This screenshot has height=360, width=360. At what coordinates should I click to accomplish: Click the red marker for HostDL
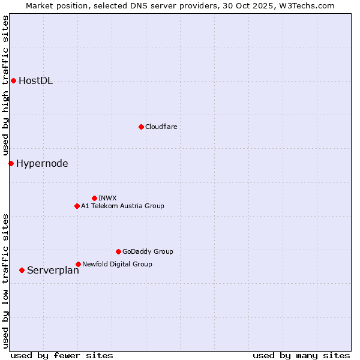click(13, 80)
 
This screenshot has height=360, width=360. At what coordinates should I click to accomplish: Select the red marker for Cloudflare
click(141, 127)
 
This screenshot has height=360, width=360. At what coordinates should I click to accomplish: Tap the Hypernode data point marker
click(11, 163)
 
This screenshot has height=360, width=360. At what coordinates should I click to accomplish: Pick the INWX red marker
click(94, 198)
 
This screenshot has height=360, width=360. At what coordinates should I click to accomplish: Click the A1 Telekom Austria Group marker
click(77, 206)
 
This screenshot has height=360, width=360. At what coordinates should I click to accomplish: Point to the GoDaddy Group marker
click(118, 251)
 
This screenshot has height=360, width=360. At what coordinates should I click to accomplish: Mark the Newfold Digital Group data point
click(78, 264)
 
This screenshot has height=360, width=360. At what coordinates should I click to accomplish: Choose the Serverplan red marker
click(22, 270)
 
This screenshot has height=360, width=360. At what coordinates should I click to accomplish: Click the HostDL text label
click(36, 81)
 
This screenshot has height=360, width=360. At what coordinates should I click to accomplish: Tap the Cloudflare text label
click(161, 127)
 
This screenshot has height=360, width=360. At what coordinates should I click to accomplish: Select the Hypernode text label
click(42, 163)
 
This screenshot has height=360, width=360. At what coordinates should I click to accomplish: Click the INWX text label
click(107, 198)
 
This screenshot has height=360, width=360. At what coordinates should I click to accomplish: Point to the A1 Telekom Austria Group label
click(122, 206)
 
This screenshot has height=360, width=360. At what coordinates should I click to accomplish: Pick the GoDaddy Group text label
click(148, 251)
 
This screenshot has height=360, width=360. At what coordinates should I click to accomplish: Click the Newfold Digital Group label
click(117, 264)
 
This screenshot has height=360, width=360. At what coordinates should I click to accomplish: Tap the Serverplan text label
click(53, 271)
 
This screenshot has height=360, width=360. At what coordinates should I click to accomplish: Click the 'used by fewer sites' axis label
click(62, 355)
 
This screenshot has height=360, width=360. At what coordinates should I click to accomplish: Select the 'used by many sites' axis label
click(301, 355)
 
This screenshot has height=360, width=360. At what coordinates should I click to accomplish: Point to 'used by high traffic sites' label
click(6, 86)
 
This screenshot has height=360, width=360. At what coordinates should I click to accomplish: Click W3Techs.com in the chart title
click(304, 5)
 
